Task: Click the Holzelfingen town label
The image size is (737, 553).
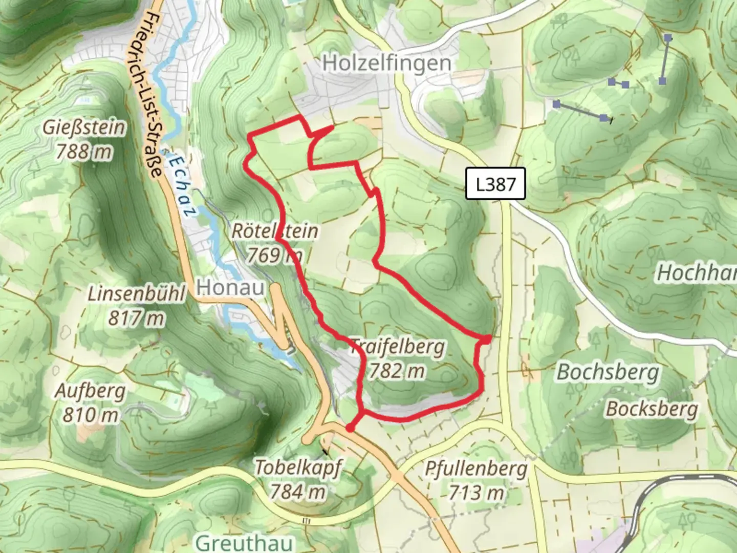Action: pos(387,63)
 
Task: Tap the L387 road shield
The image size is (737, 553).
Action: pos(495,183)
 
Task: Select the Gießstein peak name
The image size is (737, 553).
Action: pos(84,127)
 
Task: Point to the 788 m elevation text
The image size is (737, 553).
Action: pos(84,152)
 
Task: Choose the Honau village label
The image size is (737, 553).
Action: pos(230,287)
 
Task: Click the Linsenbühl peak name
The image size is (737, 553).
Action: pos(136,294)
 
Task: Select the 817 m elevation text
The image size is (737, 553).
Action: pos(136,318)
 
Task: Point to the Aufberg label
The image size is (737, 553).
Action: pos(90,391)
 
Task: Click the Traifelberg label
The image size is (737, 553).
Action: pos(398,347)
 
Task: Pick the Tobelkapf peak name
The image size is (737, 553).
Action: pos(298,467)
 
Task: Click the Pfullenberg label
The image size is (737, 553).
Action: pos(476,469)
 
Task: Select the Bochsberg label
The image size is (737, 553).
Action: pos(608,372)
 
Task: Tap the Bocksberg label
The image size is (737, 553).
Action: pos(652,409)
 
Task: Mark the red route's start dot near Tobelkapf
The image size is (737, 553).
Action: pos(350,428)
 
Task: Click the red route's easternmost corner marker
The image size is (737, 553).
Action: pos(486,338)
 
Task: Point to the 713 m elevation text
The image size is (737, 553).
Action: pos(476,493)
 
